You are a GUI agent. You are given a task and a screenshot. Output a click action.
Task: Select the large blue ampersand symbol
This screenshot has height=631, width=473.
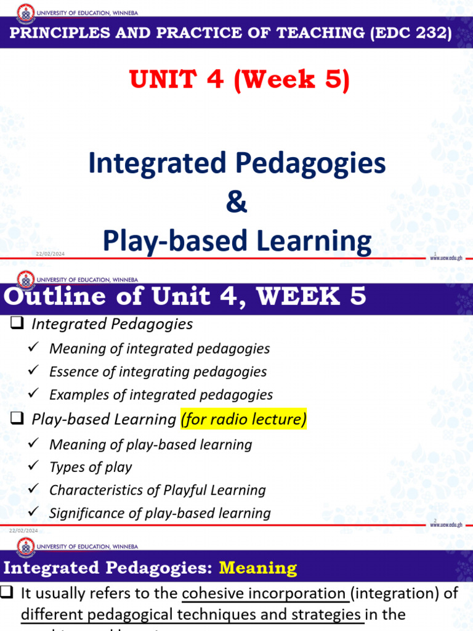236,202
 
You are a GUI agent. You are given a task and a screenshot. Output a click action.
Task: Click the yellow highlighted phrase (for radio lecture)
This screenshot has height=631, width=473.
243,420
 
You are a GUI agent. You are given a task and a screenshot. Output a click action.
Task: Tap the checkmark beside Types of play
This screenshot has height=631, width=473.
35,466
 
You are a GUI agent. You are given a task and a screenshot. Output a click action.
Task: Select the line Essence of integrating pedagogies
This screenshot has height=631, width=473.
158,372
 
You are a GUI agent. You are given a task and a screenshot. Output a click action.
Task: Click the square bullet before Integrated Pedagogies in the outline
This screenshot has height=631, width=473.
17,324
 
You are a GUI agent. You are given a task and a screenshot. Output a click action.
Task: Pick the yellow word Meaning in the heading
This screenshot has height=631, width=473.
258,568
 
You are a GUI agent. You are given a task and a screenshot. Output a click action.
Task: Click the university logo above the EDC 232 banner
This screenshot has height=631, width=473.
25,12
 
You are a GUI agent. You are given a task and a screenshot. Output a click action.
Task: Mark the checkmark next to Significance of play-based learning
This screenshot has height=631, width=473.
35,512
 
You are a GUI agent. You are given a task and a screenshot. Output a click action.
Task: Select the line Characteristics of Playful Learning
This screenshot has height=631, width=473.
157,490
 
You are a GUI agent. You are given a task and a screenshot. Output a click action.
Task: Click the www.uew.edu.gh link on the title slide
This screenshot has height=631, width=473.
446,259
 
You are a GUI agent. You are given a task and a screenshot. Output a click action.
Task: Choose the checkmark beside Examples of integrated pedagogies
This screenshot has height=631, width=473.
35,394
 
